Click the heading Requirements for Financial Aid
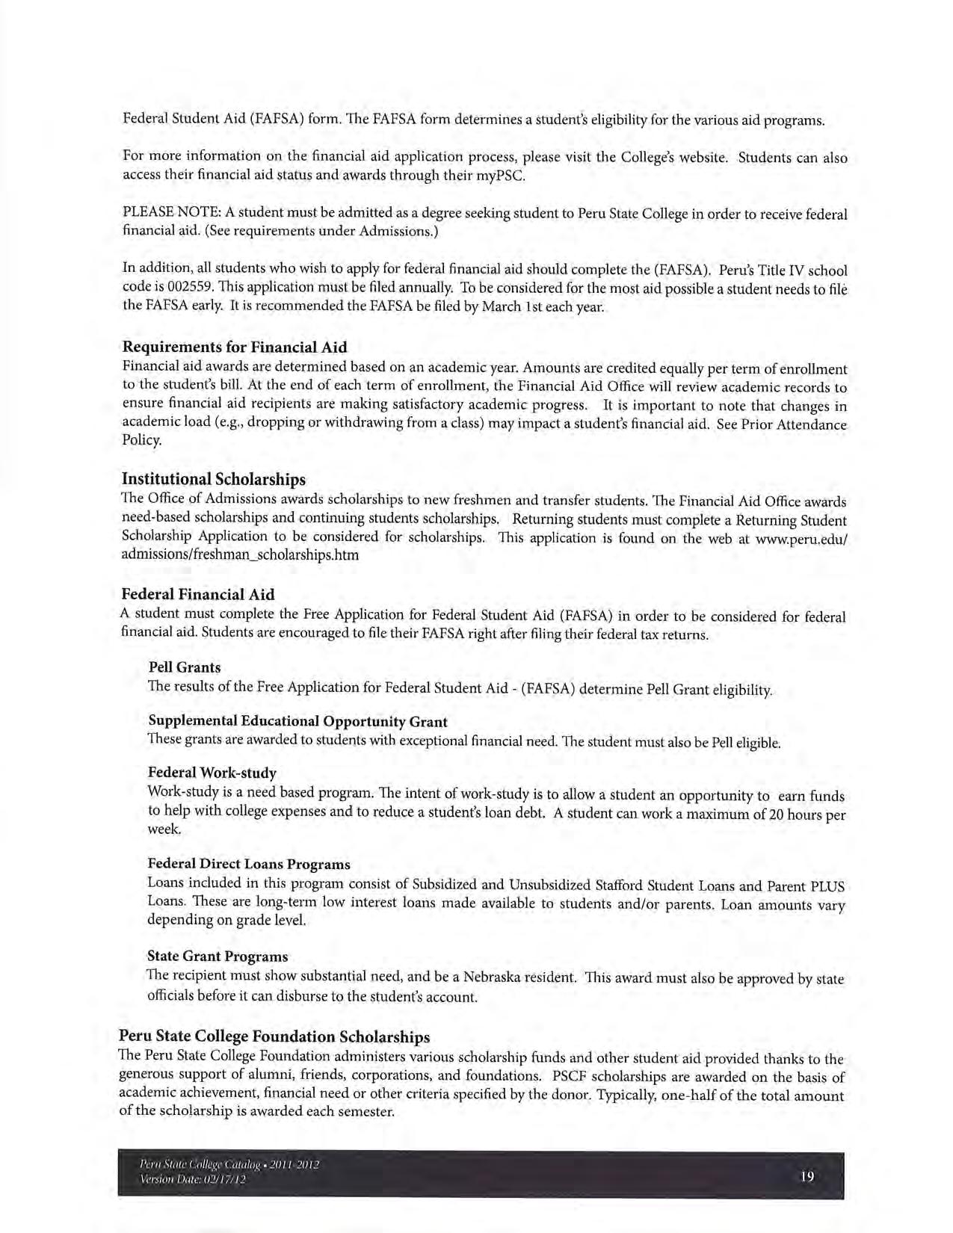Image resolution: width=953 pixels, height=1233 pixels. pos(234,347)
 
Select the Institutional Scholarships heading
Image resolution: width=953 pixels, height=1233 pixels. pos(213,478)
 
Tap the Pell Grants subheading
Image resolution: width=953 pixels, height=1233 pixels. pos(184,667)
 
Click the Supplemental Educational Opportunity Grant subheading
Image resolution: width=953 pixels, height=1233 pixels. pos(297,721)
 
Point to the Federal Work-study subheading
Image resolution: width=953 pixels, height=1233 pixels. pos(212,772)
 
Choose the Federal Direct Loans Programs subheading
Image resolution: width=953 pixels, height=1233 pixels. pos(249,864)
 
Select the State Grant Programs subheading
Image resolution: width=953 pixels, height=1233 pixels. pos(218,956)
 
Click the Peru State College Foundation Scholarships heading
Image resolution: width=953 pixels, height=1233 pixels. pos(274,1036)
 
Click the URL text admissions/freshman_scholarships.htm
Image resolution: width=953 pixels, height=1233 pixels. pos(240,555)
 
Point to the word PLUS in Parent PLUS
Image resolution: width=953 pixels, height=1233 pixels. pos(827,887)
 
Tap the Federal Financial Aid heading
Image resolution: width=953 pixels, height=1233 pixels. pos(198,594)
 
